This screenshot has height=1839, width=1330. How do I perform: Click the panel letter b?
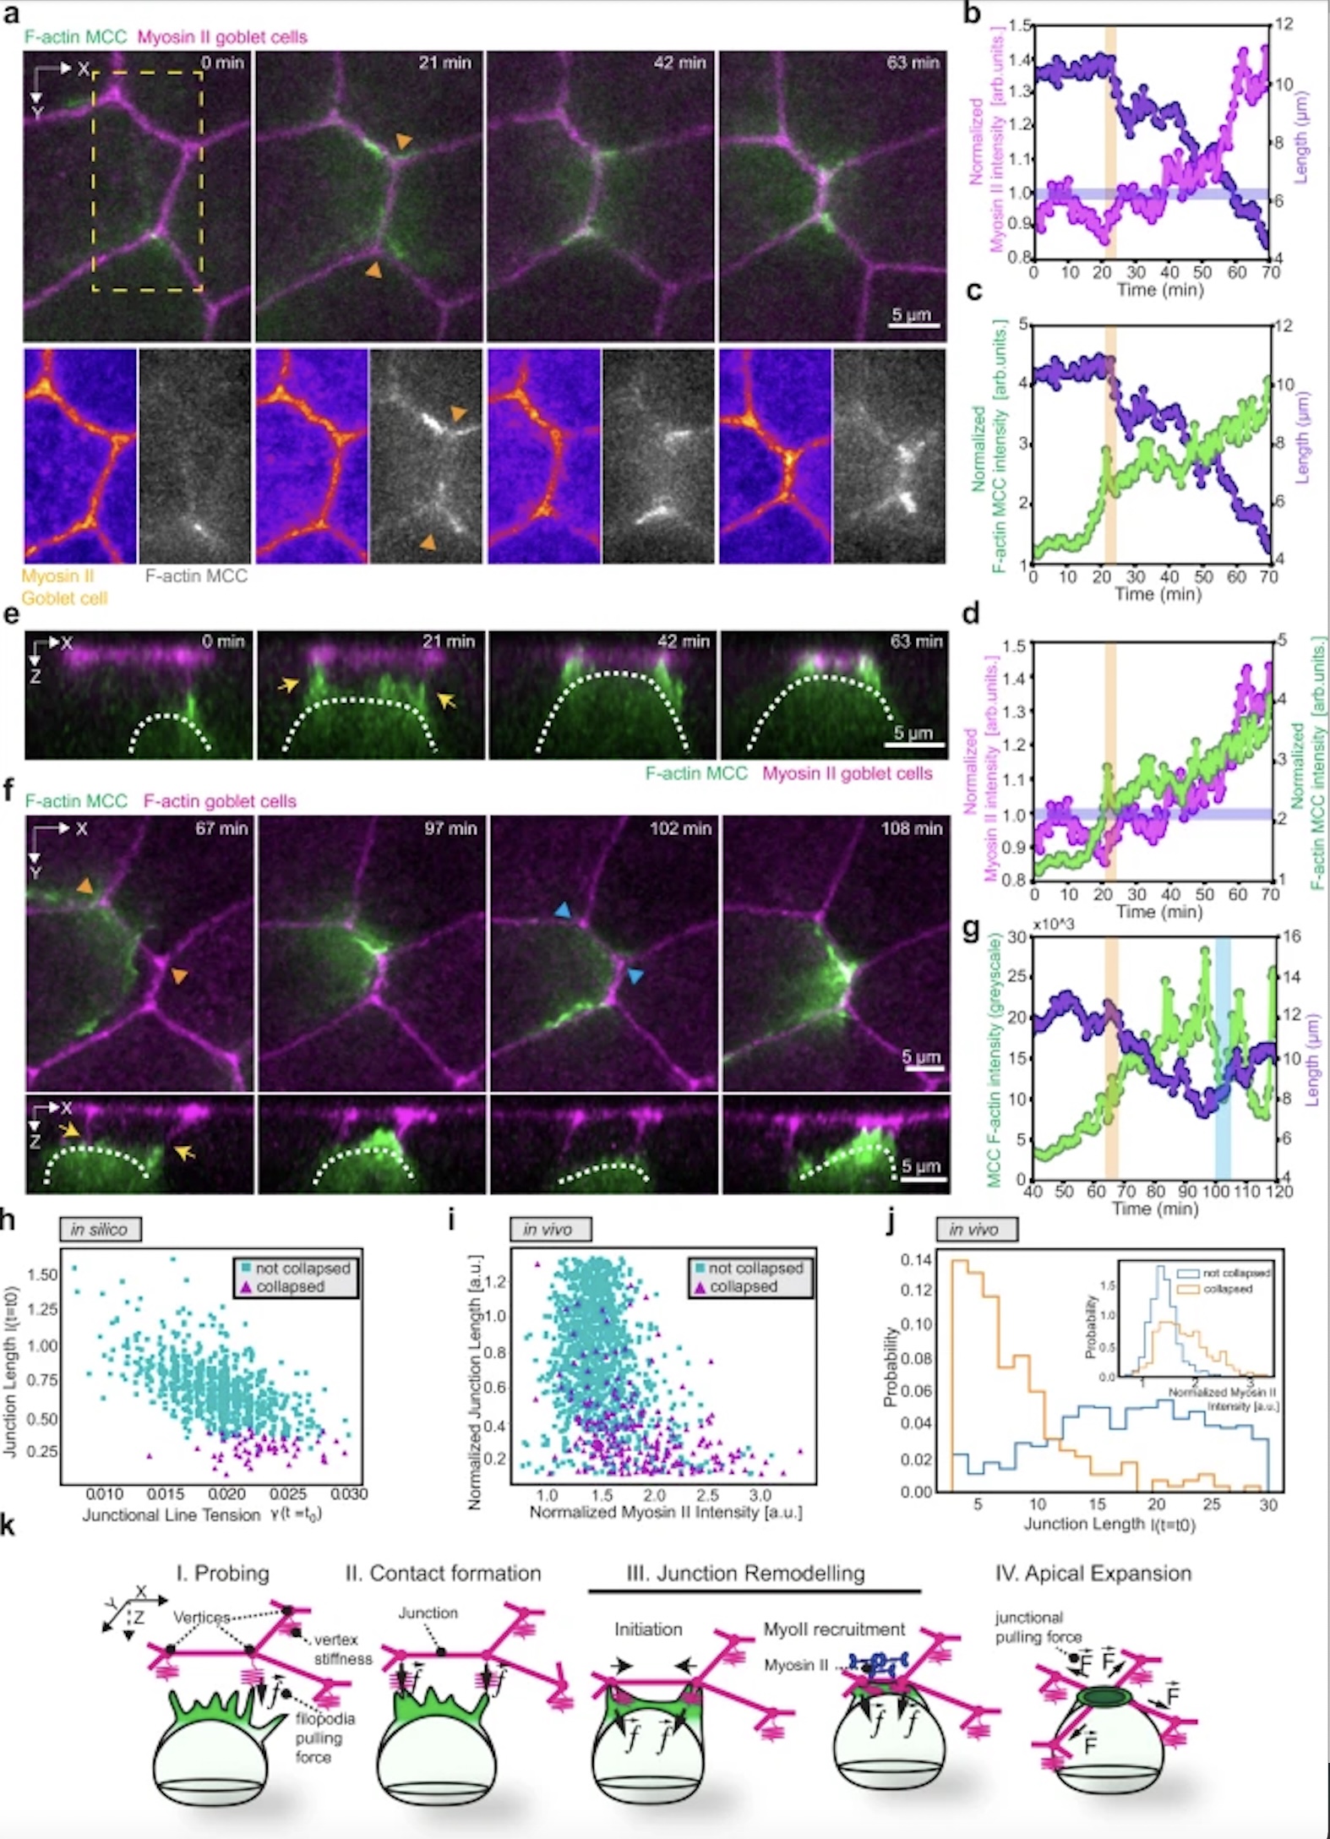pos(973,14)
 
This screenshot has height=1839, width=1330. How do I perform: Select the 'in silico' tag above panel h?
pos(99,1229)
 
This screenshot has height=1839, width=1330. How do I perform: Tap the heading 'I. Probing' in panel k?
pos(223,1573)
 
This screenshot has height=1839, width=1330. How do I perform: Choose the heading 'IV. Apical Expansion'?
pos(1093,1573)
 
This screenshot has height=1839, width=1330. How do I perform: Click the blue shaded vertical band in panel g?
pos(1222,1056)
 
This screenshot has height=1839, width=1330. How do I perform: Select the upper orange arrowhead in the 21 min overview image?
pos(406,143)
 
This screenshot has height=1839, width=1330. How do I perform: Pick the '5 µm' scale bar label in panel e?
pos(913,733)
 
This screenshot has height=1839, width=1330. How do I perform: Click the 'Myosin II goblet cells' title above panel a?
pos(222,37)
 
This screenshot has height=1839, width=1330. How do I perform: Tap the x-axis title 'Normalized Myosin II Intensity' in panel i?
pos(666,1511)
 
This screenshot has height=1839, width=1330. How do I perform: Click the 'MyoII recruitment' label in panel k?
pos(834,1629)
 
